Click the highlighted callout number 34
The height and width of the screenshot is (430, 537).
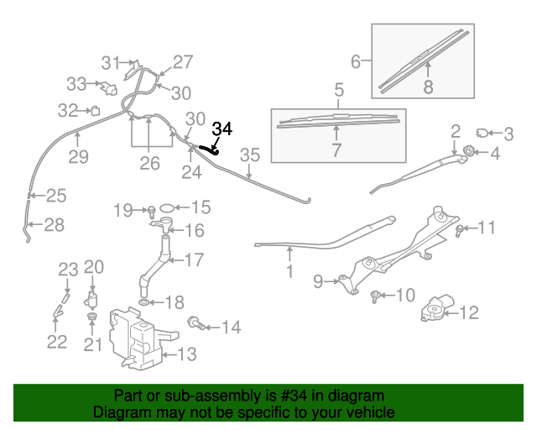click(222, 129)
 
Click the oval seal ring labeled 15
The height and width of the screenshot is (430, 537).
click(166, 207)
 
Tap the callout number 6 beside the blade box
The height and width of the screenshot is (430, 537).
click(356, 62)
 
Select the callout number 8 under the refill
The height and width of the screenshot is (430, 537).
click(428, 86)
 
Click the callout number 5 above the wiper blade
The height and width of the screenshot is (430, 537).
click(339, 89)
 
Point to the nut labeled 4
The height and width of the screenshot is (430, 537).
click(468, 152)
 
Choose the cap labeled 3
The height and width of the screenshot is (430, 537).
click(484, 132)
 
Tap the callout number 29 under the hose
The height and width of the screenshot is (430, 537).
click(78, 156)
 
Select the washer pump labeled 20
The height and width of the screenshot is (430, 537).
click(92, 300)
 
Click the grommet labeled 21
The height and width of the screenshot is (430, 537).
click(92, 318)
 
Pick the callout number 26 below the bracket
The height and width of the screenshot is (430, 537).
click(149, 162)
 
